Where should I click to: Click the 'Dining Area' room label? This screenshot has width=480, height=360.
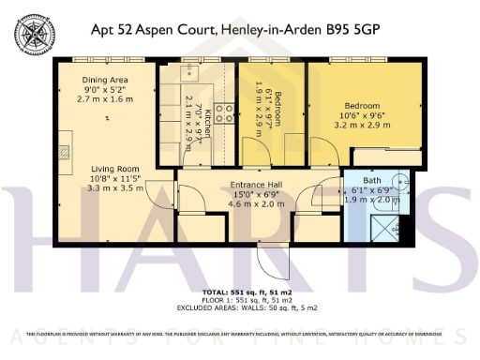104,80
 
